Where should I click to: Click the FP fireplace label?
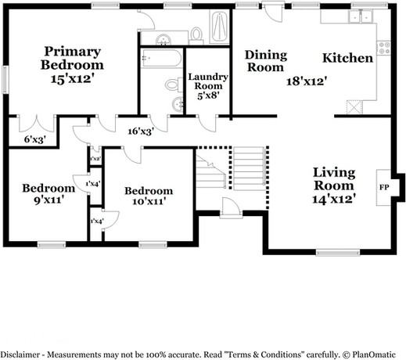[x=384, y=187]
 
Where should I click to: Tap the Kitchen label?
[x=347, y=58]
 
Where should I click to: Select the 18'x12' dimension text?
[x=307, y=81]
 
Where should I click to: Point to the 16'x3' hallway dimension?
[x=140, y=131]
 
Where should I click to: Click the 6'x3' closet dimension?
[x=35, y=139]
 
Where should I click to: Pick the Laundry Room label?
[x=208, y=81]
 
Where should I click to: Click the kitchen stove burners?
[x=384, y=48]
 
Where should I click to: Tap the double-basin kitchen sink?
[x=361, y=16]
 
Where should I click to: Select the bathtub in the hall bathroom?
[x=161, y=59]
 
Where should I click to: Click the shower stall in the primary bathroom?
[x=219, y=27]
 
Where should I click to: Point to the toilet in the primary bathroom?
[x=196, y=35]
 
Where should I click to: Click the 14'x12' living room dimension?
[x=334, y=199]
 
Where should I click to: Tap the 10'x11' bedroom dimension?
[x=149, y=201]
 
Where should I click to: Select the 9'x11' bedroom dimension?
[x=49, y=200]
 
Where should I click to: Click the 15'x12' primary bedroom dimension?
[x=72, y=78]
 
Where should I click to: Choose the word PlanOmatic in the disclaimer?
[x=374, y=355]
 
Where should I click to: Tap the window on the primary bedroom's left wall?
[x=5, y=80]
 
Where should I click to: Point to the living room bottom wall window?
[x=338, y=253]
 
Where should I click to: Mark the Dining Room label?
[x=266, y=61]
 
